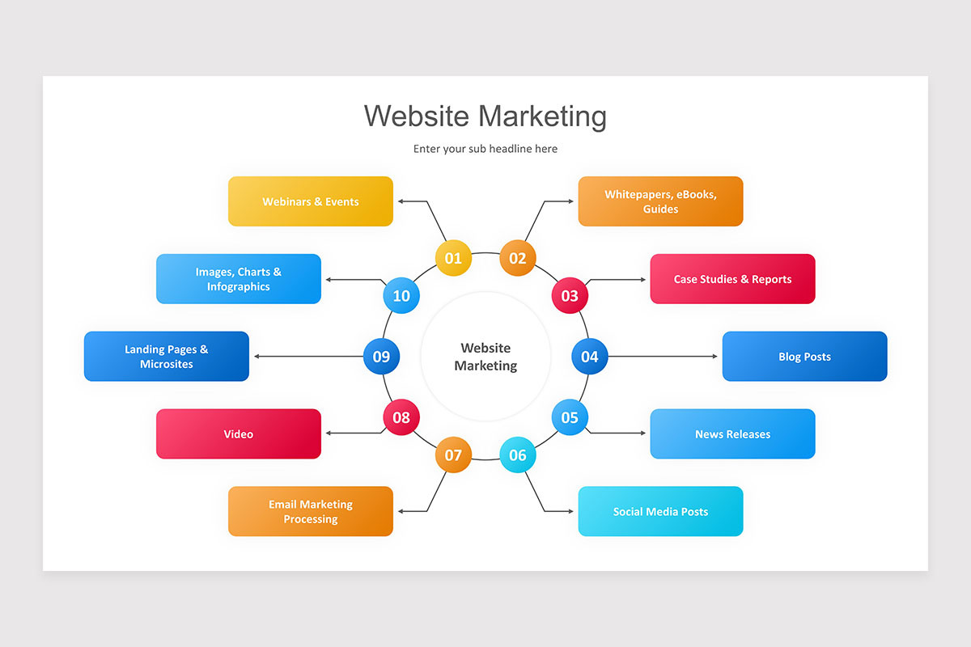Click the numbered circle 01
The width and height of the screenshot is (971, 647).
tap(453, 258)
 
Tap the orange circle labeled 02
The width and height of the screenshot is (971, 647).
tap(518, 258)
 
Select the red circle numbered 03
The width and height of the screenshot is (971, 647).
tap(570, 295)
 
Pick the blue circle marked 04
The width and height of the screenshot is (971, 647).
tap(590, 356)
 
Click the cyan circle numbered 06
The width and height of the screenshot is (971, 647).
tap(518, 455)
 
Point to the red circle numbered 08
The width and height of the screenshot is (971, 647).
tap(401, 417)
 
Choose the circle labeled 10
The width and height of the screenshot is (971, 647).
tap(401, 295)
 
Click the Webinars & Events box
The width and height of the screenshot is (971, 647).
tap(311, 201)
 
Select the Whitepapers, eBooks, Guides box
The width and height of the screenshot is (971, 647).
tap(660, 201)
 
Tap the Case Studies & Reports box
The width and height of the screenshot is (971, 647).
tap(732, 279)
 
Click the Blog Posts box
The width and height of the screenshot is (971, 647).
tap(804, 356)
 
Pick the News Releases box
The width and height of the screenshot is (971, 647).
tap(732, 433)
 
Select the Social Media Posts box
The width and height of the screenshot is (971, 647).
tap(660, 511)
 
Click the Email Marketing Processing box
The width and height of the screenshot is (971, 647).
tap(311, 511)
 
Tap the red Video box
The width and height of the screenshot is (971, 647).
tap(239, 433)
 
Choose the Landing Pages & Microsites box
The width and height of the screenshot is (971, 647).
tap(167, 356)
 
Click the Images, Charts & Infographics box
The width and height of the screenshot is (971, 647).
tap(239, 279)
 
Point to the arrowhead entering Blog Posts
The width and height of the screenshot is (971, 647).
tap(714, 356)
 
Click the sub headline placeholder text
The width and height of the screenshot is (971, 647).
tap(485, 149)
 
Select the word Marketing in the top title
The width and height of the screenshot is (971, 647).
tap(542, 116)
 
